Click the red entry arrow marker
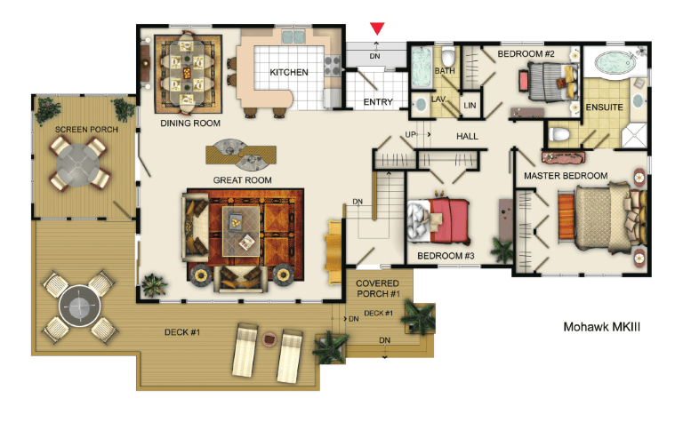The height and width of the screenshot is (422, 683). point(377,28)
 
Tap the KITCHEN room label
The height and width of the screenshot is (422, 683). point(289,72)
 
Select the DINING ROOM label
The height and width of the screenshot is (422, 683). point(190,123)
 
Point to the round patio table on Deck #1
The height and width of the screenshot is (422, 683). point(80,307)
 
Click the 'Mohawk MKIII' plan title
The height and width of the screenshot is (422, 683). point(601,327)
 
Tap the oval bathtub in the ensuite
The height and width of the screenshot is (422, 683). point(615,63)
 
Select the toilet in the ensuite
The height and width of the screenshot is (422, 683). point(558,133)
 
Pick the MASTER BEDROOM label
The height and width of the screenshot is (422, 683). point(566,176)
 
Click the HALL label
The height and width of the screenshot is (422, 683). point(467,136)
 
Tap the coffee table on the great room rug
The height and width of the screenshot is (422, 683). point(241,231)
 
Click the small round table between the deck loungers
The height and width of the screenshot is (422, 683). point(269,338)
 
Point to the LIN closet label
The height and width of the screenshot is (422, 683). point(470,106)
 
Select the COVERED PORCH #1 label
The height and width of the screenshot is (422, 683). point(378,289)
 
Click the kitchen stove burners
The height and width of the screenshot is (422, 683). point(332,66)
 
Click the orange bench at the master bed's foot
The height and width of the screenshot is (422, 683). point(566,216)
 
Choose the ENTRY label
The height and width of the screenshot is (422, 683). point(378,102)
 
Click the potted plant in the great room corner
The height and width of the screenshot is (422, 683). point(154,285)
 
